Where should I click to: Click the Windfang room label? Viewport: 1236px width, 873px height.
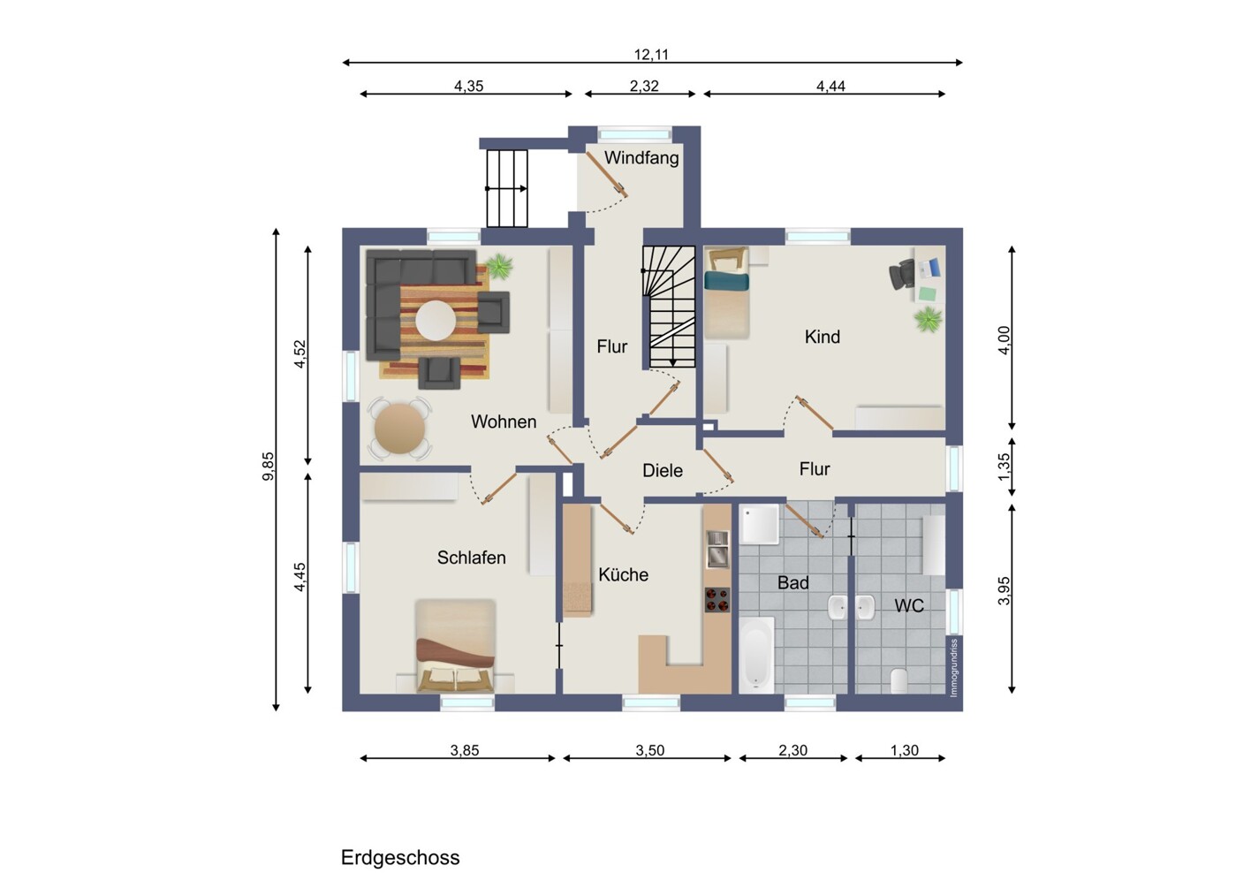pos(641,158)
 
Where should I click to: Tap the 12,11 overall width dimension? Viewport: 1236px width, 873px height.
pos(651,55)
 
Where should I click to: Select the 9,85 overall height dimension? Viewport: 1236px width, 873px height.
pos(269,466)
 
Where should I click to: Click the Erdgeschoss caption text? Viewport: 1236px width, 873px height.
pos(400,857)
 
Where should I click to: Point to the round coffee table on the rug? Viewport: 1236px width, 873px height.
pos(436,321)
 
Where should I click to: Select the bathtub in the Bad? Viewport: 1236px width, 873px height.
pos(756,655)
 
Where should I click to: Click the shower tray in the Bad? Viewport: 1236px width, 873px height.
pos(759,525)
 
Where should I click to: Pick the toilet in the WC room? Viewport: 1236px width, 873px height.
pos(899,680)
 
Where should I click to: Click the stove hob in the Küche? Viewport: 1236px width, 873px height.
pos(717,600)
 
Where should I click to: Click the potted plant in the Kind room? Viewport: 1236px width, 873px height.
pos(928,319)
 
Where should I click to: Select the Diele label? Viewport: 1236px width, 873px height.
pos(662,471)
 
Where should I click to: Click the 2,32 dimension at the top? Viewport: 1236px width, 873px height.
pos(643,87)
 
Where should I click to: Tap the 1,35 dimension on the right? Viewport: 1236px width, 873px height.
pos(1004,467)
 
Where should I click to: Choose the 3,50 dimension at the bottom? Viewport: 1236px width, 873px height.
pos(649,750)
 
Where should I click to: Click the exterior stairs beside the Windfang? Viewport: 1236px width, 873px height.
pos(507,188)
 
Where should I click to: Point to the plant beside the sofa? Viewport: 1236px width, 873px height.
pos(499,264)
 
